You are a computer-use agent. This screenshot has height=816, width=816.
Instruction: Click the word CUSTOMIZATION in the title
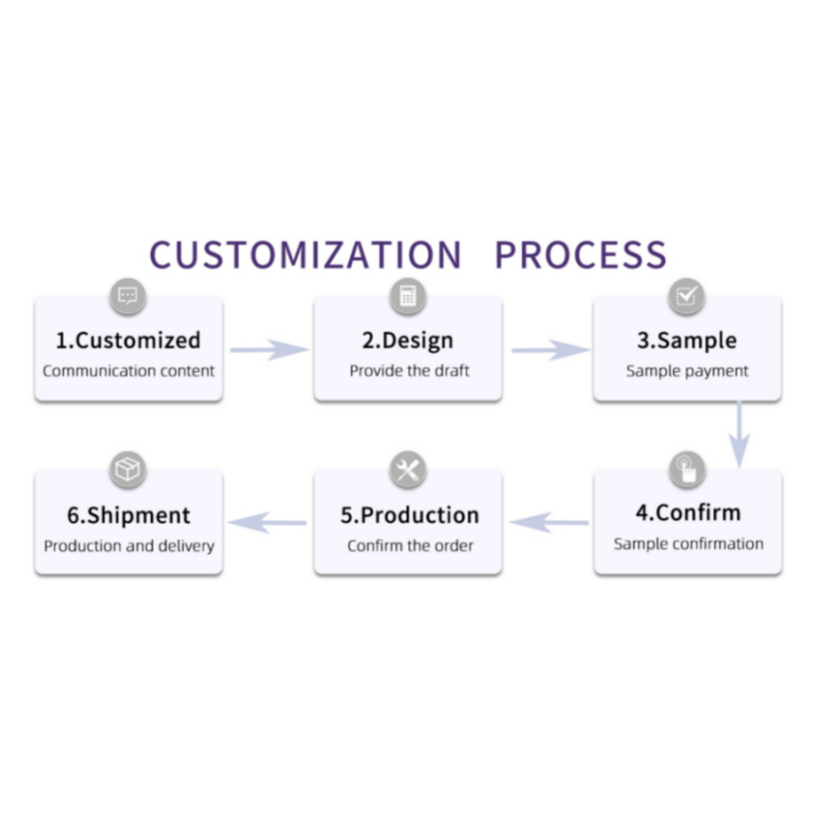[305, 254]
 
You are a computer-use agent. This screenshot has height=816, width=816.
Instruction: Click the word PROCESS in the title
[581, 254]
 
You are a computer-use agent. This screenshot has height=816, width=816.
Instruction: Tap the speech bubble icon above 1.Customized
[127, 296]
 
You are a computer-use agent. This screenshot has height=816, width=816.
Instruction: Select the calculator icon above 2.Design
[408, 296]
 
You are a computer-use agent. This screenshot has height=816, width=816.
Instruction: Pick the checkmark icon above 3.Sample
[687, 296]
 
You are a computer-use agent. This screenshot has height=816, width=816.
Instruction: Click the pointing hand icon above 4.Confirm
[687, 470]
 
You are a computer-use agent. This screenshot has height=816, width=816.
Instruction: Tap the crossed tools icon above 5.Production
[408, 470]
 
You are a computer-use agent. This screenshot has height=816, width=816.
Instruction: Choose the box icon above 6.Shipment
[127, 470]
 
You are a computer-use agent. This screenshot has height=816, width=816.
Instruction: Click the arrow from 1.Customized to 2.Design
[270, 350]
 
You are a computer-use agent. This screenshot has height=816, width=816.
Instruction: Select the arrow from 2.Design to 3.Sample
[551, 350]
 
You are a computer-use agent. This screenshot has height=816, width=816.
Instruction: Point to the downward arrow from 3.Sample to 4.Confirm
[739, 434]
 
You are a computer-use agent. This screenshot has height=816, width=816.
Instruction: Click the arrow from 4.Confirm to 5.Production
[549, 523]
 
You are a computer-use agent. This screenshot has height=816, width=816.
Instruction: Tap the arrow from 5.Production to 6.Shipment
[268, 523]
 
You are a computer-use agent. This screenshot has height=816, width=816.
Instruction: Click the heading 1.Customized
[128, 341]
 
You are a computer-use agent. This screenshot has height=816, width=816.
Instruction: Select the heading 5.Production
[410, 515]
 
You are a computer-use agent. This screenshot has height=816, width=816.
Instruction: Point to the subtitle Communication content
[128, 371]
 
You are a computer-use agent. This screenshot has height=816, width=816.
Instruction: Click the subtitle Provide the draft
[409, 371]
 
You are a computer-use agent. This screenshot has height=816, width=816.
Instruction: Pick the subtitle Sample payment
[687, 371]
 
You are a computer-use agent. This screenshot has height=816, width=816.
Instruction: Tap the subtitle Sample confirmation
[688, 544]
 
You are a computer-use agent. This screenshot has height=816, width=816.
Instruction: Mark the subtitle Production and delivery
[129, 546]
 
